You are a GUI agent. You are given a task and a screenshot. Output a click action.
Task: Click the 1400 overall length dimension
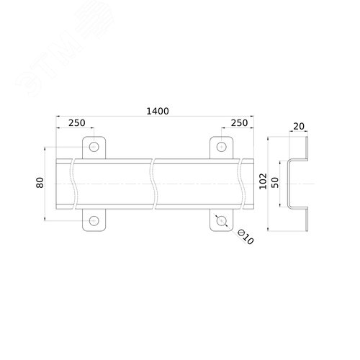tap(158, 111)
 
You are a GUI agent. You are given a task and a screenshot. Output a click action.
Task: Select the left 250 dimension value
tap(77, 123)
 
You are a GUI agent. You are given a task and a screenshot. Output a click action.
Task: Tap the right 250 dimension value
tap(239, 123)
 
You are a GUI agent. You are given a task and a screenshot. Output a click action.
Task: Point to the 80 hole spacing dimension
tap(40, 183)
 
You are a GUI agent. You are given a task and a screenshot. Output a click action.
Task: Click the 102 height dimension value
tap(264, 181)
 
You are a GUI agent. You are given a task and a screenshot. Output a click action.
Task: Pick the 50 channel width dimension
tap(276, 183)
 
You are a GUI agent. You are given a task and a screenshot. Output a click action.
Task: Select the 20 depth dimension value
tap(299, 126)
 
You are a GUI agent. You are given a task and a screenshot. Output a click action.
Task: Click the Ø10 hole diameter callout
tap(246, 237)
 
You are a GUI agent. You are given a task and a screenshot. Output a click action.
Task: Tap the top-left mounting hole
tap(94, 147)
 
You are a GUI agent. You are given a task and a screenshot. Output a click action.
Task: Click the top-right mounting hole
tap(222, 147)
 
